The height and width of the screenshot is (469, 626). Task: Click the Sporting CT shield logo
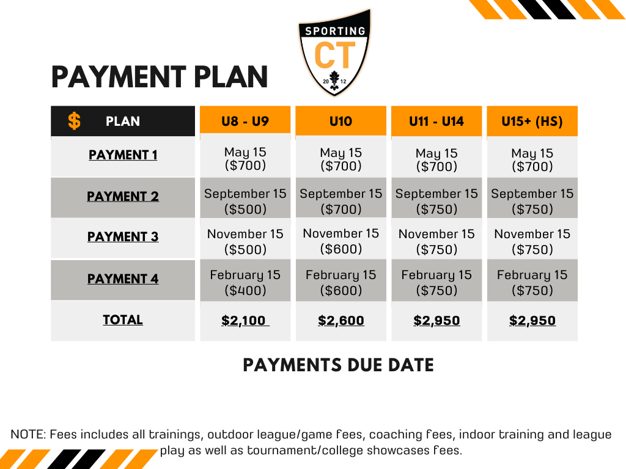[334, 53]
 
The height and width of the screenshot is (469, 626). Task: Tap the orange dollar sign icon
[74, 121]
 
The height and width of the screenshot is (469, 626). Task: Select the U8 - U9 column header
[245, 121]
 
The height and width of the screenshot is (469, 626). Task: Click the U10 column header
[341, 121]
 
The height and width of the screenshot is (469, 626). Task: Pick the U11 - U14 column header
[436, 121]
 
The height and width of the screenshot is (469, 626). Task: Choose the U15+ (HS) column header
[532, 121]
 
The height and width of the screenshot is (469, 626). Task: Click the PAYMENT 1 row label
[123, 155]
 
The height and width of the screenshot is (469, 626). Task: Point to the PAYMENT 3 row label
[123, 236]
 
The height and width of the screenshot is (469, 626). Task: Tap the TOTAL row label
[123, 319]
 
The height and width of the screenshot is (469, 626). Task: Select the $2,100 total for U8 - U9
[245, 320]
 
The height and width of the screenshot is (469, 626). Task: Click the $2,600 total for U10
[341, 320]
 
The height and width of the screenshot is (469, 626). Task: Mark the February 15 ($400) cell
[245, 282]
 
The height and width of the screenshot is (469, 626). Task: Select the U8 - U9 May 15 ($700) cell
[245, 158]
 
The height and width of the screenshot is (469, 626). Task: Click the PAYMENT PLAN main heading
[160, 77]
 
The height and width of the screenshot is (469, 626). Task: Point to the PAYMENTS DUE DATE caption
[338, 365]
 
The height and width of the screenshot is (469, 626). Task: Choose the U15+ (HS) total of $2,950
[532, 320]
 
